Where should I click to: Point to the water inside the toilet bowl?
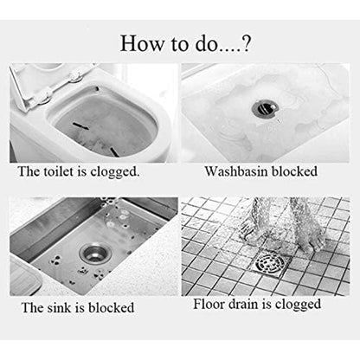[104, 130]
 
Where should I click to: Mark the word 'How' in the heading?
[138, 43]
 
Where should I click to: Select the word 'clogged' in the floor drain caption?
[296, 305]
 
